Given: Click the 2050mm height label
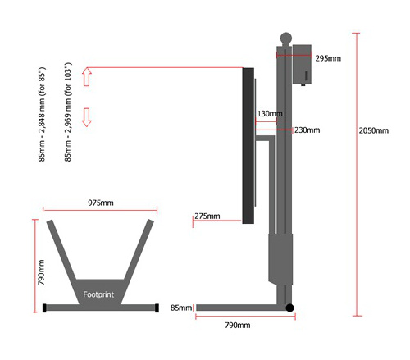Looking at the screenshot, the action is [x=373, y=130].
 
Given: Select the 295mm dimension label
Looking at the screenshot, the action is [x=328, y=58].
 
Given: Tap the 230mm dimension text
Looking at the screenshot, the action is [x=307, y=130].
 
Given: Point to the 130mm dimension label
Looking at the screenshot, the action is [x=270, y=114].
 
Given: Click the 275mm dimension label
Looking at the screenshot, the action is [x=207, y=216].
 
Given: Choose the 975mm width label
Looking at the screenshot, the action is [x=101, y=203].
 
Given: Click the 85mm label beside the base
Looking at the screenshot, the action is [x=181, y=308].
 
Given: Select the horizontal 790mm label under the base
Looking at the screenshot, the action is [x=238, y=325].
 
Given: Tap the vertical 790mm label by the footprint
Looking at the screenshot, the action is [x=41, y=272].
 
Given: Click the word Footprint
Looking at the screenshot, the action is [x=98, y=294].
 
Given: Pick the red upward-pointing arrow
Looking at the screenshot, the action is [x=87, y=77].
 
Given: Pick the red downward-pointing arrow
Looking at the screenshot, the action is [x=87, y=117].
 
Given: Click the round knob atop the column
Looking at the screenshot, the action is [x=286, y=39].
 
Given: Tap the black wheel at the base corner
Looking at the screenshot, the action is [x=289, y=308].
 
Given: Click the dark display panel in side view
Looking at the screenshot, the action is [x=248, y=146].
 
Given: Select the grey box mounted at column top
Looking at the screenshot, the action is [x=302, y=64].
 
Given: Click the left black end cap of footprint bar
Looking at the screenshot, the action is [x=44, y=308].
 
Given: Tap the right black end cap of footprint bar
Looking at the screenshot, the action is [x=157, y=308].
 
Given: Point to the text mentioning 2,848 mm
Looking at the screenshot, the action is [x=42, y=114].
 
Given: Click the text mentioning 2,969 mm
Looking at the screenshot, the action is [x=68, y=112].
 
